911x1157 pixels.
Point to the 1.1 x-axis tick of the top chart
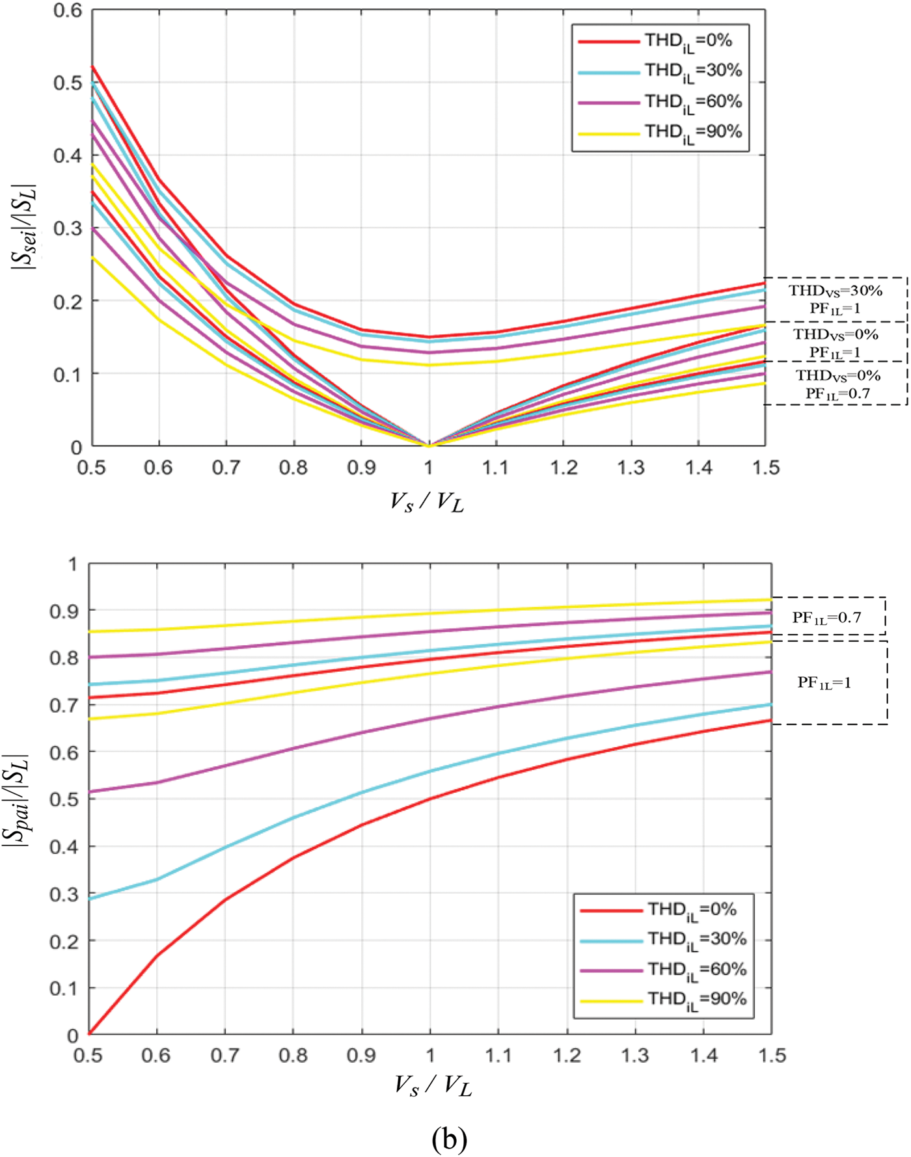(x=496, y=468)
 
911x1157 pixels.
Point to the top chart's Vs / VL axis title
(x=427, y=503)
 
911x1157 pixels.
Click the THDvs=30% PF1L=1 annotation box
(x=836, y=299)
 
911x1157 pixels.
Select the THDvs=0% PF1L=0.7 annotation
(x=837, y=384)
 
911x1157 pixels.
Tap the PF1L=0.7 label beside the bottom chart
(x=826, y=617)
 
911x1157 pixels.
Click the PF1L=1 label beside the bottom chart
(x=824, y=683)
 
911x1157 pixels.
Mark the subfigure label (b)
(x=449, y=1138)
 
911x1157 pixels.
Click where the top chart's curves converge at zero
(x=428, y=446)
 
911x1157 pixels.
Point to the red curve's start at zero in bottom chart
(x=90, y=1033)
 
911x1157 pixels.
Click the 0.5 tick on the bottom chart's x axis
(x=88, y=1054)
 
